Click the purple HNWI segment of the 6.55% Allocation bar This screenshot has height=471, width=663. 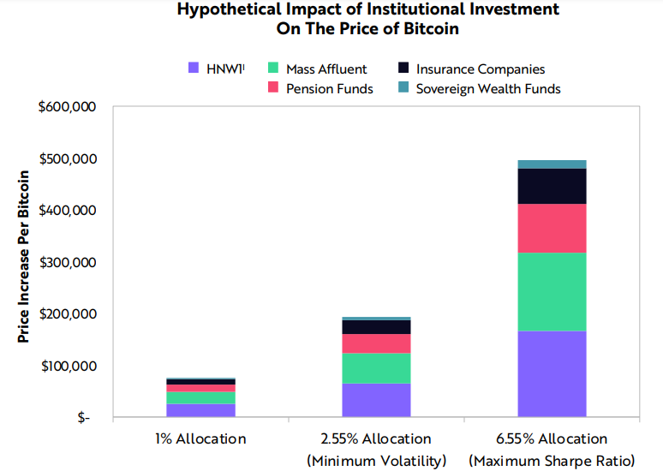(552, 373)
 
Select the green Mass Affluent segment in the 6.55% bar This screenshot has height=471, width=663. (552, 292)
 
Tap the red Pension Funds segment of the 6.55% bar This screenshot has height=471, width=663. (552, 229)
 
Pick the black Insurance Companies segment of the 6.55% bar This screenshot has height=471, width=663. (552, 187)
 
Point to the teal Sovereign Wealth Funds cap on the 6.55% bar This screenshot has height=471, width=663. (552, 164)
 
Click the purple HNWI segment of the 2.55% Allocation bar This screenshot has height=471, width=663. (376, 400)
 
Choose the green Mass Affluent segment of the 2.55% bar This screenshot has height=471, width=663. (376, 368)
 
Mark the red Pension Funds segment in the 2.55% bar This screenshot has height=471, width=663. (376, 343)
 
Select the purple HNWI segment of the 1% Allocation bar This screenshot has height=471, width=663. (200, 410)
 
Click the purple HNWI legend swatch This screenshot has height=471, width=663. (194, 68)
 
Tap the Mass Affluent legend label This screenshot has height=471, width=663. (326, 69)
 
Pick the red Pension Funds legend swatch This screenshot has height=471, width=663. (273, 87)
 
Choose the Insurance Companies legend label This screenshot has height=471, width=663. (481, 69)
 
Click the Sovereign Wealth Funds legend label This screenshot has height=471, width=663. (488, 89)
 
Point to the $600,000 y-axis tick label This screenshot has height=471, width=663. (67, 107)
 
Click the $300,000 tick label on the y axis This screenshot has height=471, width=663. (68, 263)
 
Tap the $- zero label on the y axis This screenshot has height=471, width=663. (84, 418)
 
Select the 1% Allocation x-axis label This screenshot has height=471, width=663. (200, 438)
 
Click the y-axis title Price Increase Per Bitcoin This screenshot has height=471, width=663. (24, 256)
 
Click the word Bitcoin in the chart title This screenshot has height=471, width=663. (431, 28)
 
